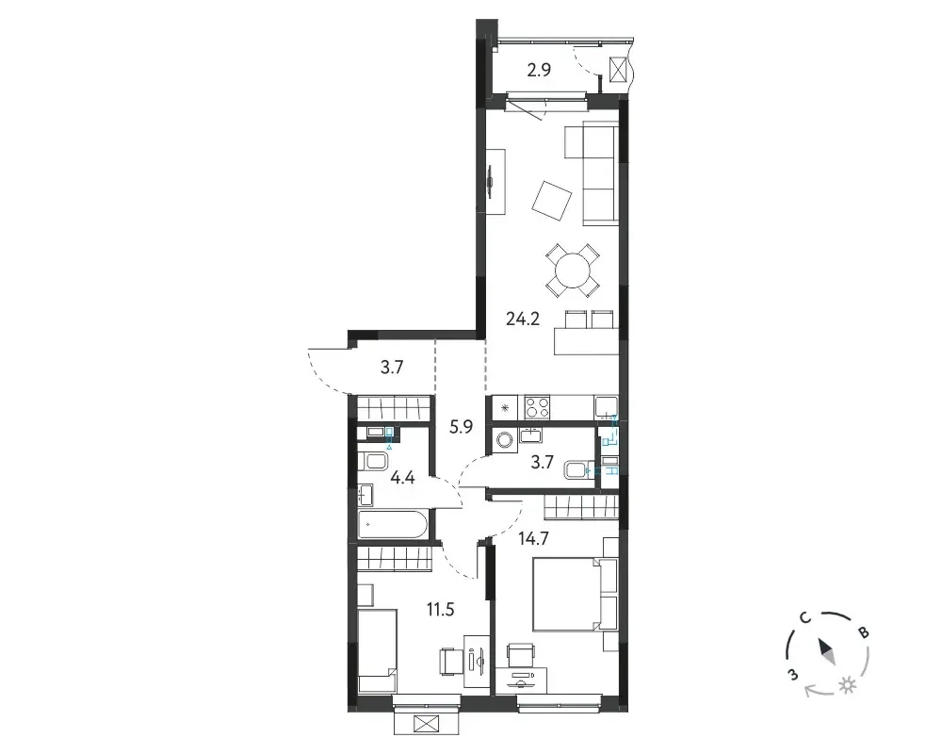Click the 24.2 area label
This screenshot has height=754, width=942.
tap(523, 319)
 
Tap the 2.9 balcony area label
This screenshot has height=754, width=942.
tap(539, 71)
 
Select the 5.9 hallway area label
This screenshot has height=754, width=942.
tap(462, 427)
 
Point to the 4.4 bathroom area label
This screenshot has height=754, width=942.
tap(402, 478)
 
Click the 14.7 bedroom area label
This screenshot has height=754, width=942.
tap(534, 539)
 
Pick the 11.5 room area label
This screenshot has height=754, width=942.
tap(440, 610)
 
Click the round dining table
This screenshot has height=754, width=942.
tap(573, 270)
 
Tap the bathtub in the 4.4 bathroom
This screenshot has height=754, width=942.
tap(393, 524)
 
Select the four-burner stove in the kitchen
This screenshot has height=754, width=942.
tap(538, 407)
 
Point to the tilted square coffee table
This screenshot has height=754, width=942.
tap(551, 202)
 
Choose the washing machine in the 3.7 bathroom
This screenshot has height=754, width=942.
tap(502, 441)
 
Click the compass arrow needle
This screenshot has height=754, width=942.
tap(827, 652)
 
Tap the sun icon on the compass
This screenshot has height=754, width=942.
tap(848, 685)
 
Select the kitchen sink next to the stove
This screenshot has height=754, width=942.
tap(606, 407)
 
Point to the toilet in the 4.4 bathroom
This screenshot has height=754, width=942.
tap(373, 462)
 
